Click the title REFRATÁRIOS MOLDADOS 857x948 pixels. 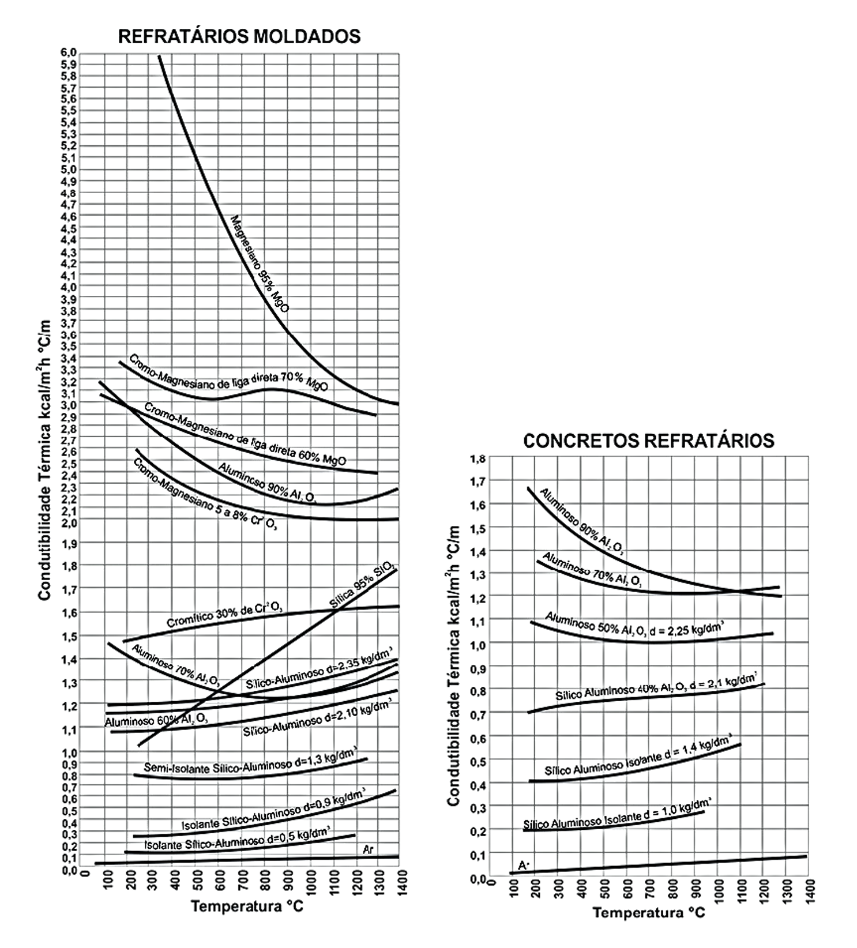239,36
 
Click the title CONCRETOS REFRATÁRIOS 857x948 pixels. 648,441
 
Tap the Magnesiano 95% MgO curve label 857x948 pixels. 260,264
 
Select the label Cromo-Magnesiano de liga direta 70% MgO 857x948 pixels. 228,373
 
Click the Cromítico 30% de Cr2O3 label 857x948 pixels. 224,614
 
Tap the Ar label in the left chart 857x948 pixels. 369,849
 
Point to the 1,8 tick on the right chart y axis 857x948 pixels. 478,459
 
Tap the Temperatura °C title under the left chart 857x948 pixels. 247,907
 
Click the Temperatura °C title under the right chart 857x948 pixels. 648,913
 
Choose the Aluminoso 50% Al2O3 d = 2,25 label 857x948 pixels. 634,626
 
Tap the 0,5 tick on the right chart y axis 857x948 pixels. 478,761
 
